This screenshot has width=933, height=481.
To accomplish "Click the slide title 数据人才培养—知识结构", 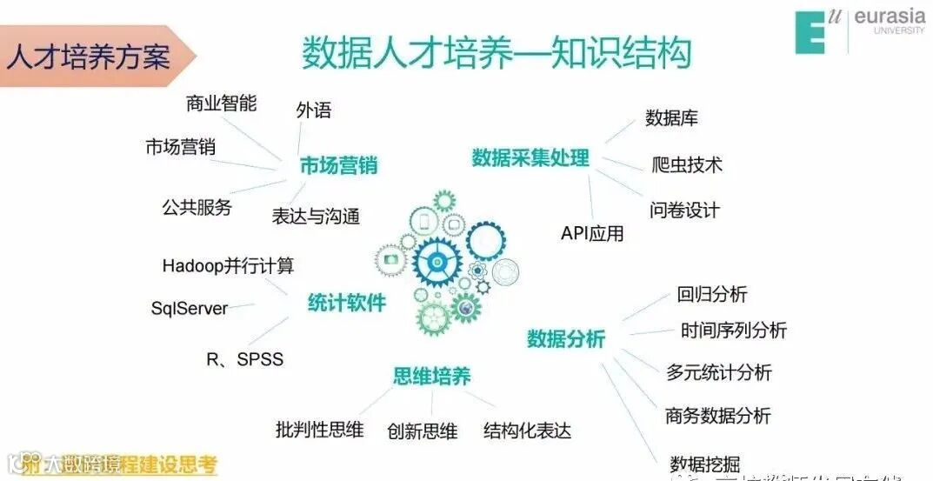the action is coord(496,53).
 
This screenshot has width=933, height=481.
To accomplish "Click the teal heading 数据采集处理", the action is coord(530,158).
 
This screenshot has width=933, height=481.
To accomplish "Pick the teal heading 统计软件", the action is coord(346,303).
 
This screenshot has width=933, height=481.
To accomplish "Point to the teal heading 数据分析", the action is coord(565,338).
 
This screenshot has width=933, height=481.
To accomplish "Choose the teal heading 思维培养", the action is coord(432,376).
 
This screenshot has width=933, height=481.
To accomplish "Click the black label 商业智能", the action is coord(221,104).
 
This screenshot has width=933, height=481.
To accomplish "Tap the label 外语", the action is coord(314,110).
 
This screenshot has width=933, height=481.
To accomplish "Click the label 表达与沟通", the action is coord(316,217).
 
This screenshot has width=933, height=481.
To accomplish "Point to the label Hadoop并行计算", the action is coord(228,265).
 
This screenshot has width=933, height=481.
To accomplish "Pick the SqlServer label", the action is coord(190,308).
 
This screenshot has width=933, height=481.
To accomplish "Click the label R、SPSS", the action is coord(244,358).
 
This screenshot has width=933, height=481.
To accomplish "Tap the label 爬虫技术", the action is coord(687,164).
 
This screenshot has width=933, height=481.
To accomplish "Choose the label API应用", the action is coord(592,233).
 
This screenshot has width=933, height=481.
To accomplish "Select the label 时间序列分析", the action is coord(734,331).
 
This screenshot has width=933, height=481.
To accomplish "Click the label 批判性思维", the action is coord(319,430).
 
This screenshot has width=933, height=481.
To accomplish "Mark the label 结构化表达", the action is coord(528,431).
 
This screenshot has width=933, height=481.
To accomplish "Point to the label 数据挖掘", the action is coord(704,464).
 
